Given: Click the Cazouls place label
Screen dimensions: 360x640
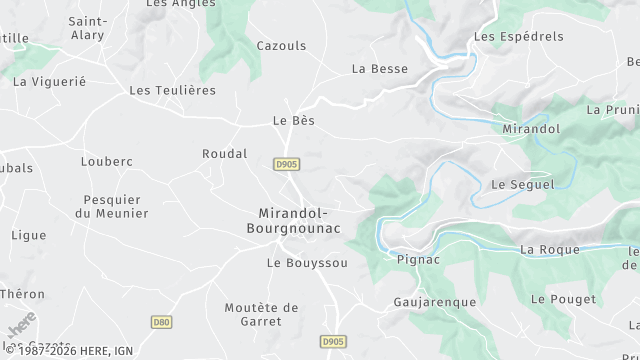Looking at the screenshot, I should pos(281,46).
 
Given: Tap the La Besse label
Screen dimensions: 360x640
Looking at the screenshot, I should pos(380,69).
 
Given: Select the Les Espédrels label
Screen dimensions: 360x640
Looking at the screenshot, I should pos(518,37).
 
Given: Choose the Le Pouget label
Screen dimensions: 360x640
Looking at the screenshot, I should pos(563,299).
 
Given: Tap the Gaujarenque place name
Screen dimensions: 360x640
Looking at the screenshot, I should pos(435,301).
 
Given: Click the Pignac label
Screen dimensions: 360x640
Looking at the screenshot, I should pos(418,260).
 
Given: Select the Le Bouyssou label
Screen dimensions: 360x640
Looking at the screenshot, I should pos(307,263).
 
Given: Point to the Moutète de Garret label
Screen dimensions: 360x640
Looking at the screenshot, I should pos(262,314).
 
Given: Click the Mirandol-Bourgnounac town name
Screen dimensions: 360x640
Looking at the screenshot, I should pos(300,221).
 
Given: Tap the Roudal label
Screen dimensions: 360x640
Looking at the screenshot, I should pos(224,154).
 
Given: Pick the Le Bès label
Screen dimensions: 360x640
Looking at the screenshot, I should pos(293,121).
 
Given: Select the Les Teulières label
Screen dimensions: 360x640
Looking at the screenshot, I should pos(173,90).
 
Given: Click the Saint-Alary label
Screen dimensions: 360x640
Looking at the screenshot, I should pos(89,27).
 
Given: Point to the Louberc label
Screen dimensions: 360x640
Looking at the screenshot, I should pos(107,161).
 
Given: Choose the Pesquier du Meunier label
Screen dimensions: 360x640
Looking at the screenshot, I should pos(112,206).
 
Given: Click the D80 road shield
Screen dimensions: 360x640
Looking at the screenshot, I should pos(161,322).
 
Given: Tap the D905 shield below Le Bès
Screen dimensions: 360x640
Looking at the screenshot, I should pos(287,163).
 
